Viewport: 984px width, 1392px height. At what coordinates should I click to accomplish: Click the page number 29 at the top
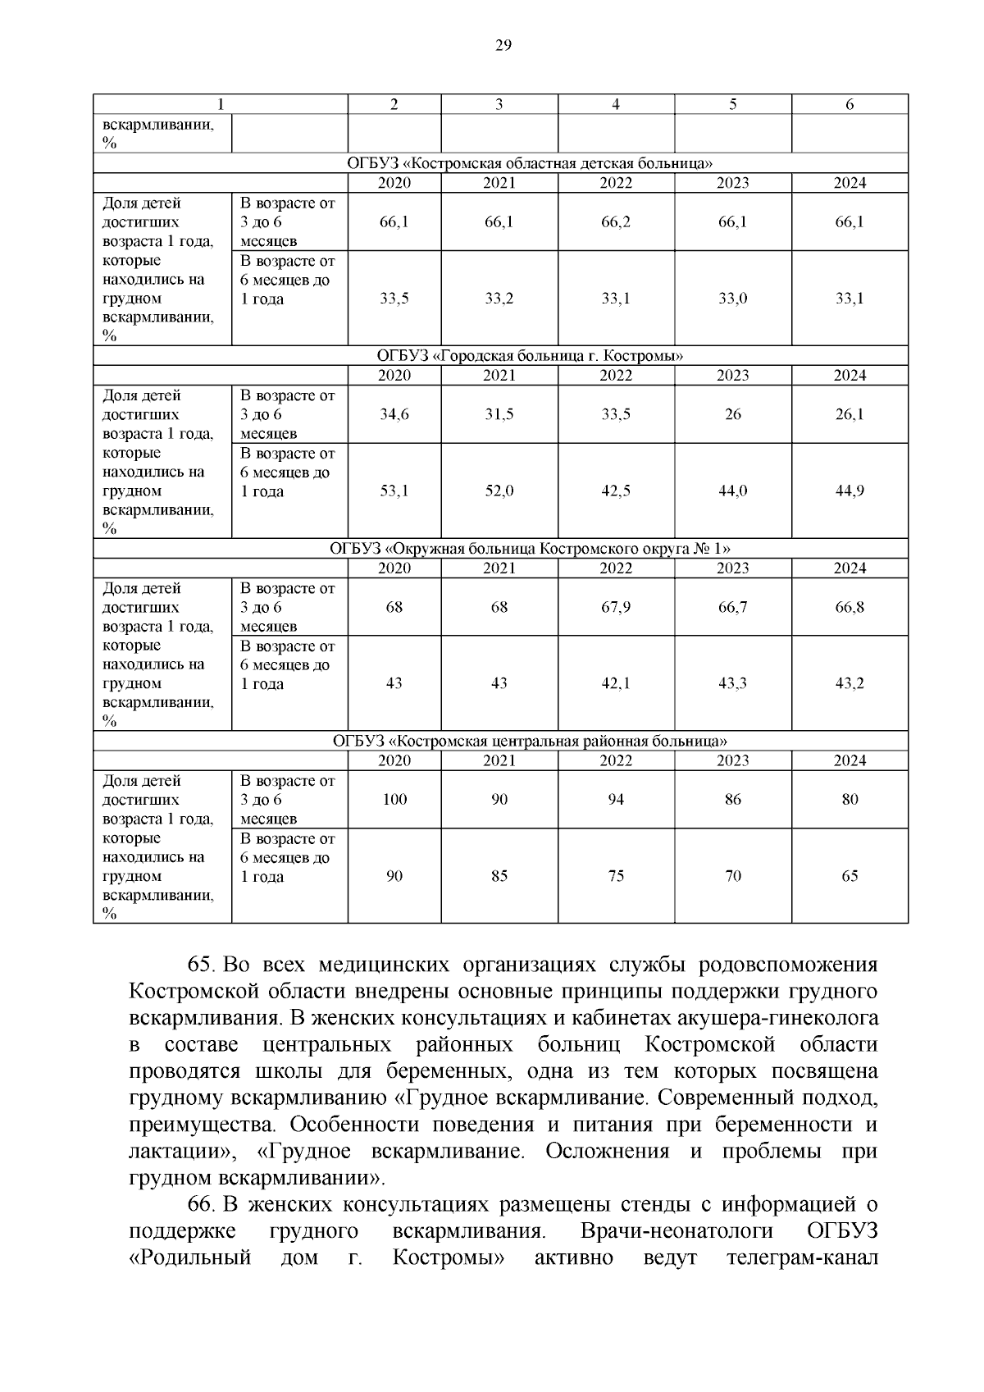click(503, 46)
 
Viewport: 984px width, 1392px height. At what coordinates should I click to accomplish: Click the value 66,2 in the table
click(616, 222)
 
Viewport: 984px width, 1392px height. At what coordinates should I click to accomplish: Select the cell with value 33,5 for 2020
click(394, 299)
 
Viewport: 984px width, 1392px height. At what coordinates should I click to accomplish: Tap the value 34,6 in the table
click(394, 415)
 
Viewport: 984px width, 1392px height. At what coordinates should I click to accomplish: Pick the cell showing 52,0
click(499, 491)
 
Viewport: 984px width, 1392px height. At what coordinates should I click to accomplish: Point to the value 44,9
click(850, 491)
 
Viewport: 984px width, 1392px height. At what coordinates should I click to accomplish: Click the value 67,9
click(616, 608)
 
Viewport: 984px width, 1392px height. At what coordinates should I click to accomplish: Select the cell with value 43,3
click(733, 683)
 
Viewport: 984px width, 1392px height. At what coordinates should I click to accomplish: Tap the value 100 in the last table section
click(394, 800)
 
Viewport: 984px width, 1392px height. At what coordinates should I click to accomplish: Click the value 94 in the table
click(616, 800)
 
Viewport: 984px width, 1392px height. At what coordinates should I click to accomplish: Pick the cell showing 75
click(616, 876)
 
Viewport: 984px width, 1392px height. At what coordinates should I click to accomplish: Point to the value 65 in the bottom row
click(850, 876)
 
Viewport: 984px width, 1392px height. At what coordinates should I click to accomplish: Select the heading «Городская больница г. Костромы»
click(530, 356)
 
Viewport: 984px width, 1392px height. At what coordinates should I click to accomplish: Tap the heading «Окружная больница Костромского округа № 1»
click(530, 549)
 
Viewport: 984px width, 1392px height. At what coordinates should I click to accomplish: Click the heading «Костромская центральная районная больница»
click(530, 742)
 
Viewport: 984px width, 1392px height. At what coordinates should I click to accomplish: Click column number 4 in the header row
click(616, 104)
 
